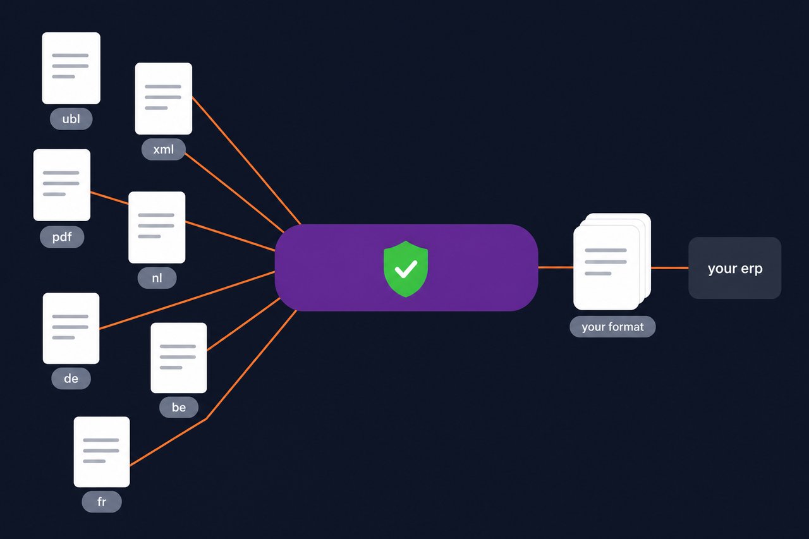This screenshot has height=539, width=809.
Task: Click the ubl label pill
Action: (x=71, y=119)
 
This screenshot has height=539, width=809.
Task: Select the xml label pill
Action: (x=163, y=149)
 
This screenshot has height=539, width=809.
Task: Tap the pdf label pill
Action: (x=62, y=237)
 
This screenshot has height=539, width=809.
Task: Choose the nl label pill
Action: (x=157, y=277)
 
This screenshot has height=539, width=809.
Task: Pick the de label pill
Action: (x=71, y=378)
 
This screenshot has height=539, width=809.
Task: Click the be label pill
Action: (x=179, y=407)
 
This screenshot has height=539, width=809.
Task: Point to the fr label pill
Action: (x=102, y=502)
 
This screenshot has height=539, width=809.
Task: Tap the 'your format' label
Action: (x=612, y=327)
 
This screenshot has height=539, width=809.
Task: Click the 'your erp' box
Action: (x=734, y=268)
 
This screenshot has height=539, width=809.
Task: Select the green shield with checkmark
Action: (x=406, y=269)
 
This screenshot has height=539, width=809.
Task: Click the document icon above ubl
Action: (x=71, y=68)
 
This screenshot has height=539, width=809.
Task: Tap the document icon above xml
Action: (x=163, y=99)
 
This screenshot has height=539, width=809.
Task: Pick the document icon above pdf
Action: (x=62, y=185)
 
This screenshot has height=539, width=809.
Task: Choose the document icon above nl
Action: (x=157, y=227)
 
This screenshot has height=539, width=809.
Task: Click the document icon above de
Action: (x=71, y=328)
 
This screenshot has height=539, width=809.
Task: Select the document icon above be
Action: (x=179, y=358)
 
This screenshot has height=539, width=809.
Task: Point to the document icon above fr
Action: (x=102, y=452)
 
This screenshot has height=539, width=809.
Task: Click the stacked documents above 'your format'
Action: (x=612, y=262)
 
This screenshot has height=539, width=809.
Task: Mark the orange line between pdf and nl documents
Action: (x=109, y=198)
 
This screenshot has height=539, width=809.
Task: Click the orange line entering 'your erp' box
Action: (x=669, y=268)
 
